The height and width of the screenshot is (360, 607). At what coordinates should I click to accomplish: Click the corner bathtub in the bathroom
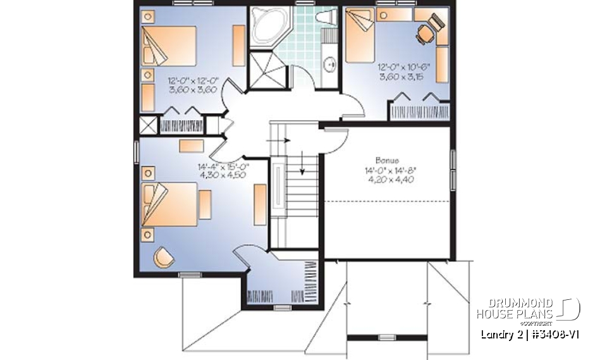point(268,27)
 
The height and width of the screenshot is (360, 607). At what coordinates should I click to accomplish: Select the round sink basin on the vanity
point(329,63)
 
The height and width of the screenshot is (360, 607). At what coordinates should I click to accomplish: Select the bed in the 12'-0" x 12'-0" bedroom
point(168,44)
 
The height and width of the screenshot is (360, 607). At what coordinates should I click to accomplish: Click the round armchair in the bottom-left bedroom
point(165,256)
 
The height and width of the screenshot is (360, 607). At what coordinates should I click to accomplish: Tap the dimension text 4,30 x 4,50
point(223,176)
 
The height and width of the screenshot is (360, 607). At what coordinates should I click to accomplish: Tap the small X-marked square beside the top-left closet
point(147,124)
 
